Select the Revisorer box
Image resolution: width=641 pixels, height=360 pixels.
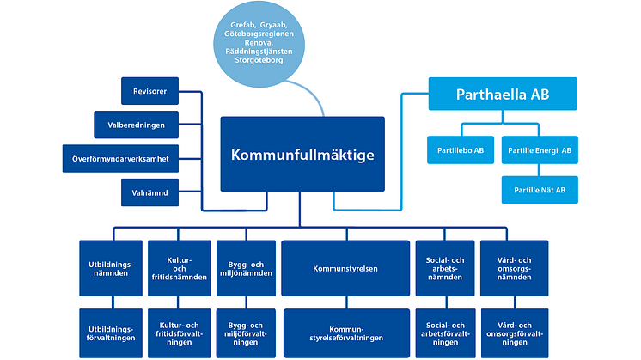(150, 90)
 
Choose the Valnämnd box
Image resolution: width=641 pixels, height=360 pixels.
(150, 192)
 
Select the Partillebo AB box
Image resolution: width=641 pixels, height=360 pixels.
(461, 149)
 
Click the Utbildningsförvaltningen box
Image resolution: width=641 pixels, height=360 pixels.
(109, 333)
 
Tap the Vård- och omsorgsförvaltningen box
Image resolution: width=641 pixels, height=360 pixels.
(513, 333)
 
